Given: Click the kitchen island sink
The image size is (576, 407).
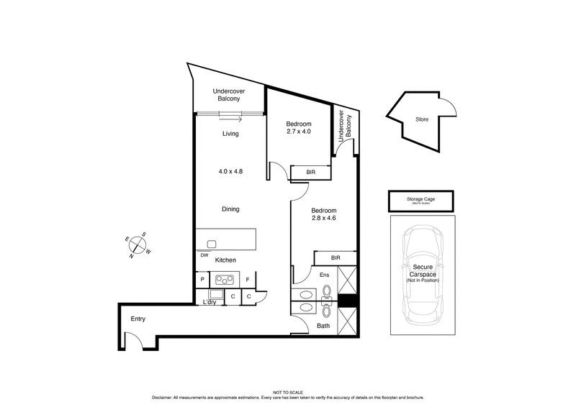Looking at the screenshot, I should [x=212, y=243].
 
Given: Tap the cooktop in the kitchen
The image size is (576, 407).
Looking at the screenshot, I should [x=225, y=280].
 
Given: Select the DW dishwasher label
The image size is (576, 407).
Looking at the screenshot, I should [x=204, y=255].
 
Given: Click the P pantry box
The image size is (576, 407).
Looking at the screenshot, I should [x=202, y=280].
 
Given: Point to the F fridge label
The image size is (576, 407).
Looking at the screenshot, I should [x=248, y=280].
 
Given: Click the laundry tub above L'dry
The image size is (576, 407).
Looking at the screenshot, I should [x=215, y=295].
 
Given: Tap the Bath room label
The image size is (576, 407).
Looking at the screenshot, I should [x=323, y=326].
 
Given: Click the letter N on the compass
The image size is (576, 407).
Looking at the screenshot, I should [x=132, y=255].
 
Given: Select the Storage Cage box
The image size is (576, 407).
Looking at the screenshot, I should [x=422, y=198].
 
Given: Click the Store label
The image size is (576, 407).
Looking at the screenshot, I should [x=421, y=119].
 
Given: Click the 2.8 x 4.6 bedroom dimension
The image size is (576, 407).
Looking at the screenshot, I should [x=323, y=219].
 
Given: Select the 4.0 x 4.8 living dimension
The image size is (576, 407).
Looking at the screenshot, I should [x=230, y=172].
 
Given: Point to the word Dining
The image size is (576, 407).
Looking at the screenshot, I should [x=230, y=209].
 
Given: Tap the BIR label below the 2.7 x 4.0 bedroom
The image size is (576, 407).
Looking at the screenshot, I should [x=310, y=173].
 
